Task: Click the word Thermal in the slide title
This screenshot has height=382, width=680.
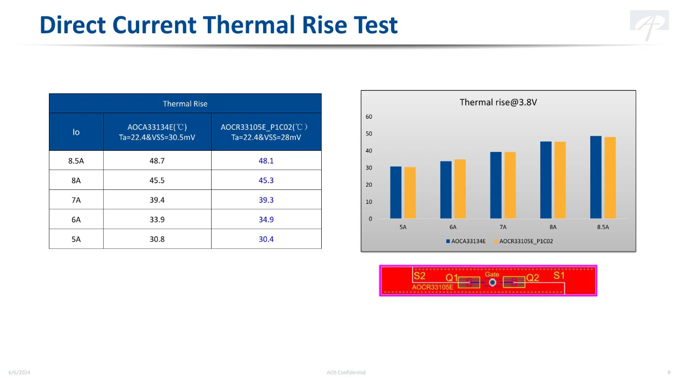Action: [x=249, y=25]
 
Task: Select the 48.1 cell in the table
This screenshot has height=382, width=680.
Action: [x=266, y=160]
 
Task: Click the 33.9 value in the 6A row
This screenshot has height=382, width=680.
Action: [x=157, y=219]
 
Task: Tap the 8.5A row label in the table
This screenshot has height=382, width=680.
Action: [x=76, y=160]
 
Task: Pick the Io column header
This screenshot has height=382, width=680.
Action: [x=76, y=132]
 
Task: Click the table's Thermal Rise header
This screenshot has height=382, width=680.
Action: [x=185, y=104]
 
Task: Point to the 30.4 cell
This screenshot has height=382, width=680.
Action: [x=266, y=239]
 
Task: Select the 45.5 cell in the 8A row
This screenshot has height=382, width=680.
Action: [x=157, y=180]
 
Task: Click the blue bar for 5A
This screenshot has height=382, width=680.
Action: [x=396, y=193]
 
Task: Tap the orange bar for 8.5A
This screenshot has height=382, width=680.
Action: [x=610, y=178]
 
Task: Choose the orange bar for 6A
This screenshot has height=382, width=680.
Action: [x=460, y=189]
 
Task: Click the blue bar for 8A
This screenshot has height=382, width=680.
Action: [x=546, y=180]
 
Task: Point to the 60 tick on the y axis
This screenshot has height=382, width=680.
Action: [x=369, y=117]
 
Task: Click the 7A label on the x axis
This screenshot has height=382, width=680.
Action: [x=503, y=227]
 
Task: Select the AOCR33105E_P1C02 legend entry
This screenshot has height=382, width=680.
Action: [x=524, y=241]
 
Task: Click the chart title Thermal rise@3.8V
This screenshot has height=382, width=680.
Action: [x=498, y=102]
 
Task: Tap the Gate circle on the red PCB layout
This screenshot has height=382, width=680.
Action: [x=493, y=283]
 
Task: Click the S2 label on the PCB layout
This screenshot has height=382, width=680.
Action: [x=419, y=276]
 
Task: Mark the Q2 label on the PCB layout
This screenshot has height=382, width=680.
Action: [x=532, y=278]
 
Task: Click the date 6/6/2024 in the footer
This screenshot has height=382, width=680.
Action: [x=19, y=372]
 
